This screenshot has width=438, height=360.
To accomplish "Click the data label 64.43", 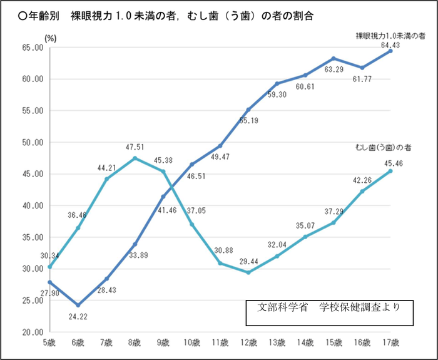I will [391, 43].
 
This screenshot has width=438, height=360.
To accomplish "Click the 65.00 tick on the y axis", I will [31, 48].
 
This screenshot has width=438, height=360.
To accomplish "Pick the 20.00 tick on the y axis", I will [31, 332].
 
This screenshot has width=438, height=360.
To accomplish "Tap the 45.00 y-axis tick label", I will [31, 174].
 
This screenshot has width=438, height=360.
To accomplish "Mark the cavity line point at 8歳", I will [135, 158].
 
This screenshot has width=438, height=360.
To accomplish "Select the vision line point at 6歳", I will [78, 305].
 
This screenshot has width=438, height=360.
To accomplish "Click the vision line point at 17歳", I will [390, 51].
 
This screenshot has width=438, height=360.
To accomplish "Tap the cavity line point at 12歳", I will [248, 272].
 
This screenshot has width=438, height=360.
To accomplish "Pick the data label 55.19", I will [249, 120].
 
